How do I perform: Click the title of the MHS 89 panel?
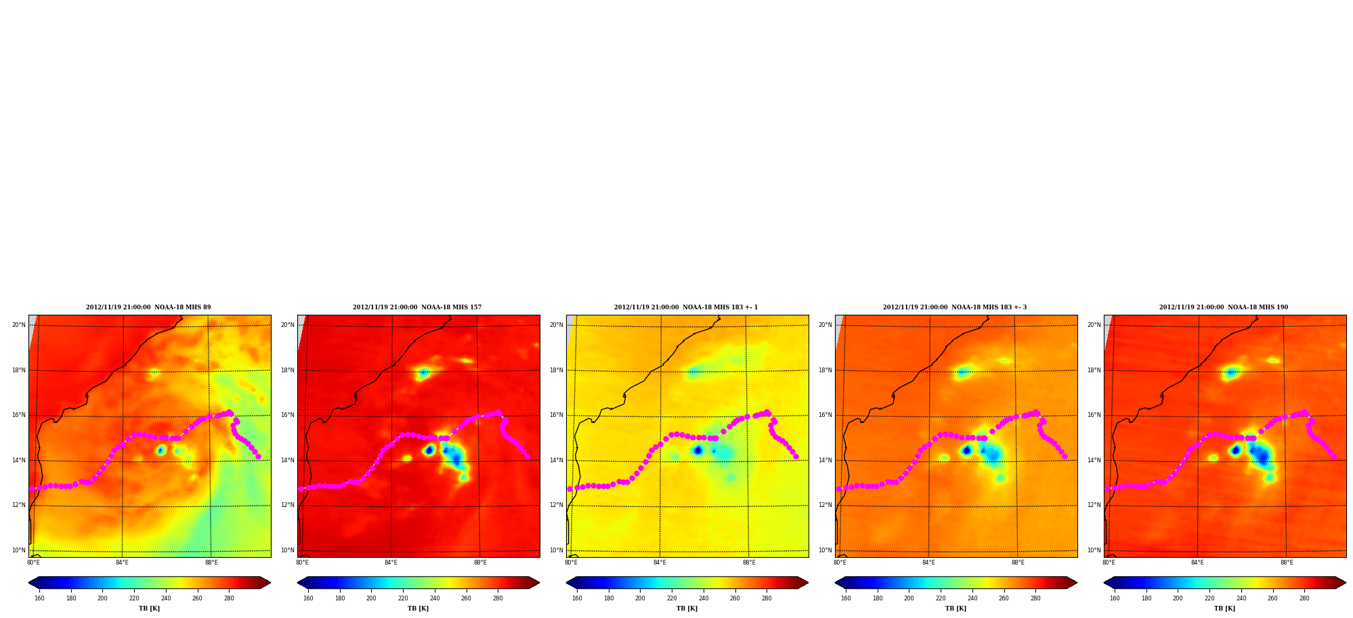coord(148,307)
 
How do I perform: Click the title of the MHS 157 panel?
coord(417,307)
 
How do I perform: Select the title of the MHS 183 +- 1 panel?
coord(686,307)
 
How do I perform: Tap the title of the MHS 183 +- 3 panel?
coord(955,307)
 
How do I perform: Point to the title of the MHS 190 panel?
coord(1224,307)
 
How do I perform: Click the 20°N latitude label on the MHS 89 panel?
coord(19,325)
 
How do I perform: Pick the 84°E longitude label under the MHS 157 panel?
coord(391,562)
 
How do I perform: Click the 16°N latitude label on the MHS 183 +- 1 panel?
coord(557,415)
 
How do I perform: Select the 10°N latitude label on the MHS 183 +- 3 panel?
coord(825,550)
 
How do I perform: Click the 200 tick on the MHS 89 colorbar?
coord(102,598)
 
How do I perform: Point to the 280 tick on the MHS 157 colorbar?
coord(498,598)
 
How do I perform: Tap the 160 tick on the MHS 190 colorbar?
coord(1115,598)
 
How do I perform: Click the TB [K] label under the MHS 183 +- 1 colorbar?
coord(687,609)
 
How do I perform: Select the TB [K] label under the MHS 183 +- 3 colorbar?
coord(955,609)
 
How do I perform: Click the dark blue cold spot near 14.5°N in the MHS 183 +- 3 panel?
coord(966,450)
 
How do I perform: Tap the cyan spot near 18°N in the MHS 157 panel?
coord(424,372)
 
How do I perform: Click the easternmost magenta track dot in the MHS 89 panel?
coord(258,456)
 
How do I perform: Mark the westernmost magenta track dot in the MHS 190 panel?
coord(1107,489)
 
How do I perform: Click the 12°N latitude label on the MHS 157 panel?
coord(288,505)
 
